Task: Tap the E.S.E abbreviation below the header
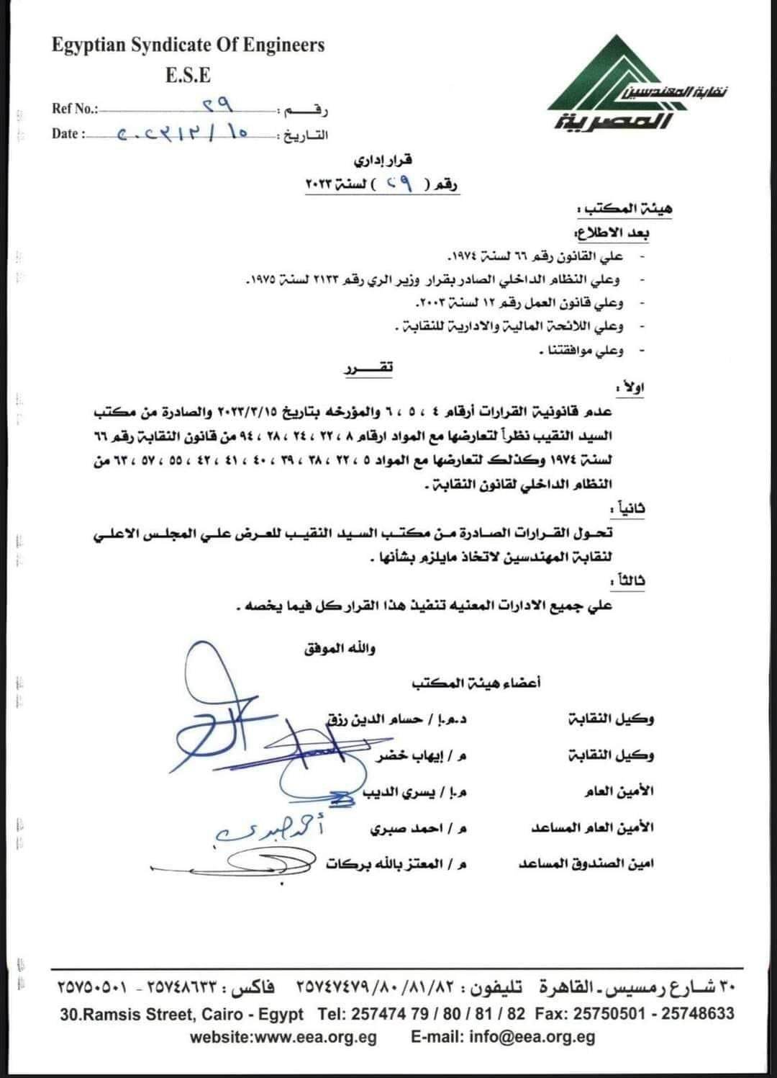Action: tap(188, 75)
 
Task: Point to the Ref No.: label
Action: tap(75, 109)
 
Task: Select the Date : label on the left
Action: tap(68, 133)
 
